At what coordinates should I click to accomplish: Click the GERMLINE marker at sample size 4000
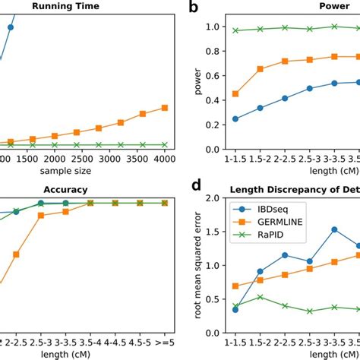click(x=165, y=108)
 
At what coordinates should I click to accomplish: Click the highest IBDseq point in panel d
click(x=333, y=229)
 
